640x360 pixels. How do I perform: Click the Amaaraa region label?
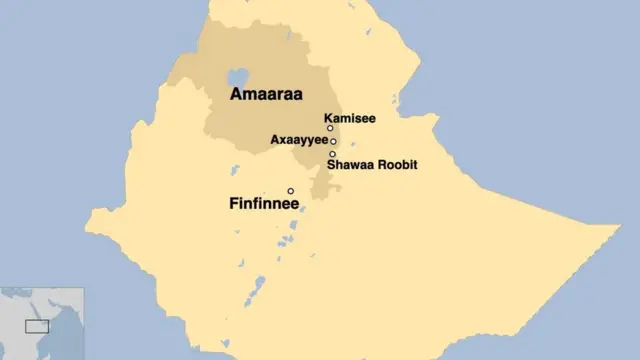(x=264, y=95)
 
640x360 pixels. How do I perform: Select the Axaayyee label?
(x=299, y=141)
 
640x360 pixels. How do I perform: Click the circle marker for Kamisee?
(x=330, y=128)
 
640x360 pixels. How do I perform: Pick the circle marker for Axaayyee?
(x=333, y=141)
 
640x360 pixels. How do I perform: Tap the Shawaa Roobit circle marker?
(x=332, y=154)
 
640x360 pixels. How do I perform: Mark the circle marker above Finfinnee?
(x=291, y=191)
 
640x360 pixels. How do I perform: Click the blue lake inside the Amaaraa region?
(x=238, y=78)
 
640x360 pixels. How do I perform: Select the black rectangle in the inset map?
(x=37, y=326)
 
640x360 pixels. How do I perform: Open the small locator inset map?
(x=42, y=323)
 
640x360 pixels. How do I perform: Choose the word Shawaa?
(x=349, y=165)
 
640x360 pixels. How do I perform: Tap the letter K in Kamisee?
(x=328, y=117)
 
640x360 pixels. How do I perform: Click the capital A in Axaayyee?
(x=275, y=141)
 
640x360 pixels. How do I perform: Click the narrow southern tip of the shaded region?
(x=319, y=193)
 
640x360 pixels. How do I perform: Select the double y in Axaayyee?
(x=305, y=142)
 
